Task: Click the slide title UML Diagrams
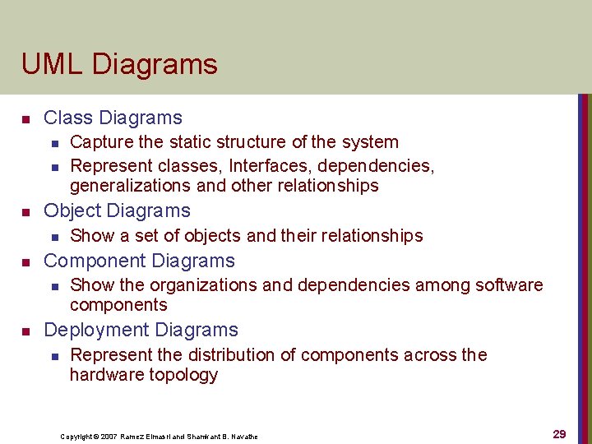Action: tap(119, 64)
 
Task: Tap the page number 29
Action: tap(559, 434)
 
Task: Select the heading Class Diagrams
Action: tap(113, 118)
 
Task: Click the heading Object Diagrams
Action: tap(117, 210)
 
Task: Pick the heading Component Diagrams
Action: tap(139, 261)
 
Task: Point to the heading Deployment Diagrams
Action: tap(141, 331)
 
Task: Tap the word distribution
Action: tap(224, 355)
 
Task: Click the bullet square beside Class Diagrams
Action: tap(25, 120)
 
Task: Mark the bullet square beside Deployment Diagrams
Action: tap(25, 332)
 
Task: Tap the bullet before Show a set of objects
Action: tap(53, 237)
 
